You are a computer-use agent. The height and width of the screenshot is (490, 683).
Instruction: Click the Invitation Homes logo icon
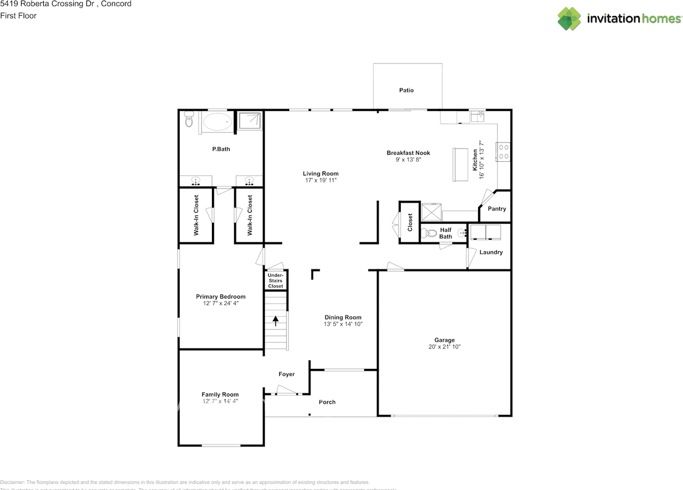pyautogui.click(x=569, y=19)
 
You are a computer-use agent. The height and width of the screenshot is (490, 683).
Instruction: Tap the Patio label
pyautogui.click(x=407, y=90)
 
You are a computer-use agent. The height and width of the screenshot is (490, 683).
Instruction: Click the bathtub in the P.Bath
pyautogui.click(x=218, y=122)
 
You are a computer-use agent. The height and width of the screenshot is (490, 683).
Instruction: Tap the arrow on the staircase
pyautogui.click(x=276, y=321)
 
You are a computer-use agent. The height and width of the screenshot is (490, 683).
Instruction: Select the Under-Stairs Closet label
pyautogui.click(x=276, y=281)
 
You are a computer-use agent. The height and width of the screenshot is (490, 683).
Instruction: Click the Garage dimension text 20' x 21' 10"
pyautogui.click(x=444, y=347)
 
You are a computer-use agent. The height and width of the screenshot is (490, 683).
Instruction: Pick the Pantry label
pyautogui.click(x=497, y=209)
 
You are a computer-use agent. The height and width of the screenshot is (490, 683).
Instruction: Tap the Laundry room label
pyautogui.click(x=491, y=252)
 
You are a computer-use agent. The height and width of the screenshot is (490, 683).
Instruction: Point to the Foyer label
pyautogui.click(x=287, y=375)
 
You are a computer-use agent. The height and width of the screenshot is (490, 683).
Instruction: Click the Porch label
pyautogui.click(x=327, y=402)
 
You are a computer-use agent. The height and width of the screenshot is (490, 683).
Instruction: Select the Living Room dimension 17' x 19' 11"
pyautogui.click(x=321, y=181)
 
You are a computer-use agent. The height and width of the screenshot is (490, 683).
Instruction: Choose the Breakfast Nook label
pyautogui.click(x=408, y=153)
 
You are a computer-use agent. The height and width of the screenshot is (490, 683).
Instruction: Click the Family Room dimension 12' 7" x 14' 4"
pyautogui.click(x=220, y=401)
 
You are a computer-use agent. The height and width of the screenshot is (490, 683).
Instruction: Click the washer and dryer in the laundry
pyautogui.click(x=485, y=232)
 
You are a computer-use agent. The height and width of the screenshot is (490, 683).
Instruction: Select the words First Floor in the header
pyautogui.click(x=18, y=15)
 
